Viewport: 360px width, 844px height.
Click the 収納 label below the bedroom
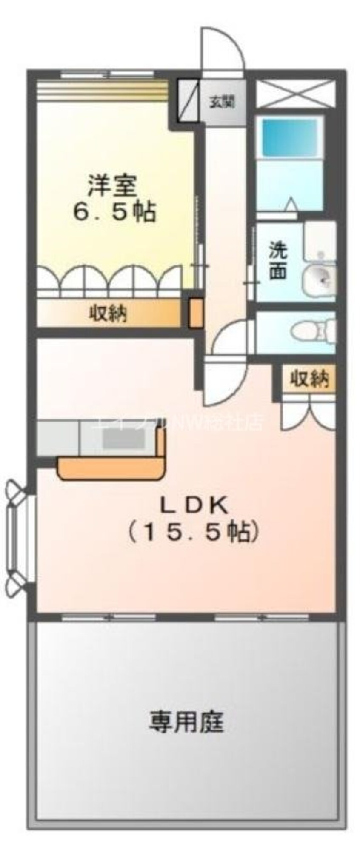pos(108,314)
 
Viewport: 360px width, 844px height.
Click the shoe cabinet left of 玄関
pos(188,100)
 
